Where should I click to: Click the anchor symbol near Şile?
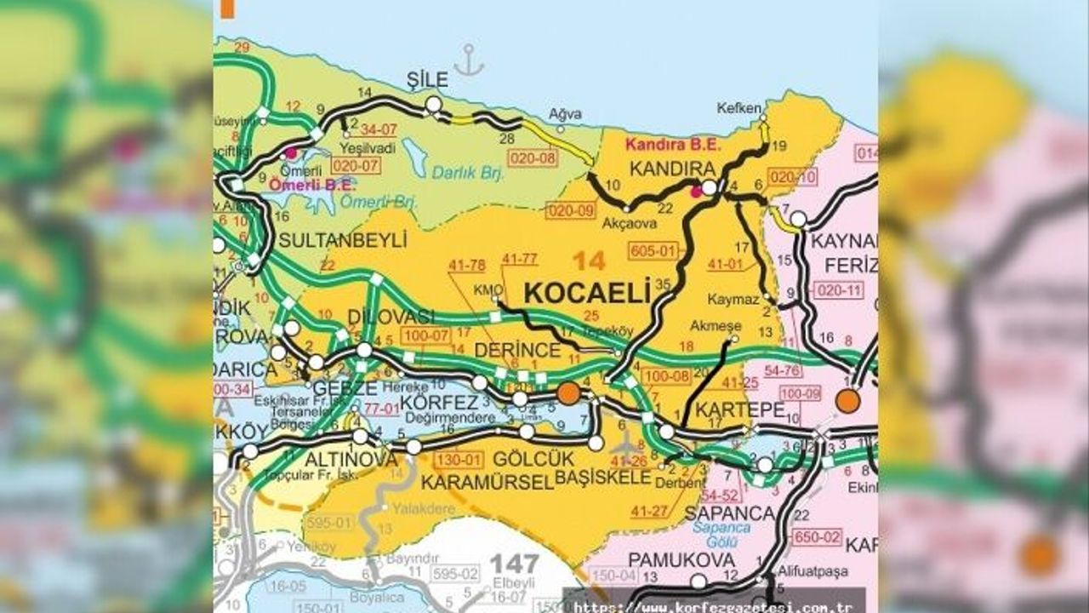pyautogui.click(x=469, y=60)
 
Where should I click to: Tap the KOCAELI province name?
pyautogui.click(x=586, y=291)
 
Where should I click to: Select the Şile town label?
pyautogui.click(x=427, y=80)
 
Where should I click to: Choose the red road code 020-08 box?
pyautogui.click(x=531, y=158)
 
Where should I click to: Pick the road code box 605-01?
pyautogui.click(x=653, y=250)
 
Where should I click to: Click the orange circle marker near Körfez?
pyautogui.click(x=568, y=392)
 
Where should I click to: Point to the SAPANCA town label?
pyautogui.click(x=729, y=513)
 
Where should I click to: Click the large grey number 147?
pyautogui.click(x=515, y=563)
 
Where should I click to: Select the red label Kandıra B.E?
pyautogui.click(x=664, y=143)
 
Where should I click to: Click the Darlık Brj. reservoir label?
pyautogui.click(x=468, y=173)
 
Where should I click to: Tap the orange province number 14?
pyautogui.click(x=590, y=260)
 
